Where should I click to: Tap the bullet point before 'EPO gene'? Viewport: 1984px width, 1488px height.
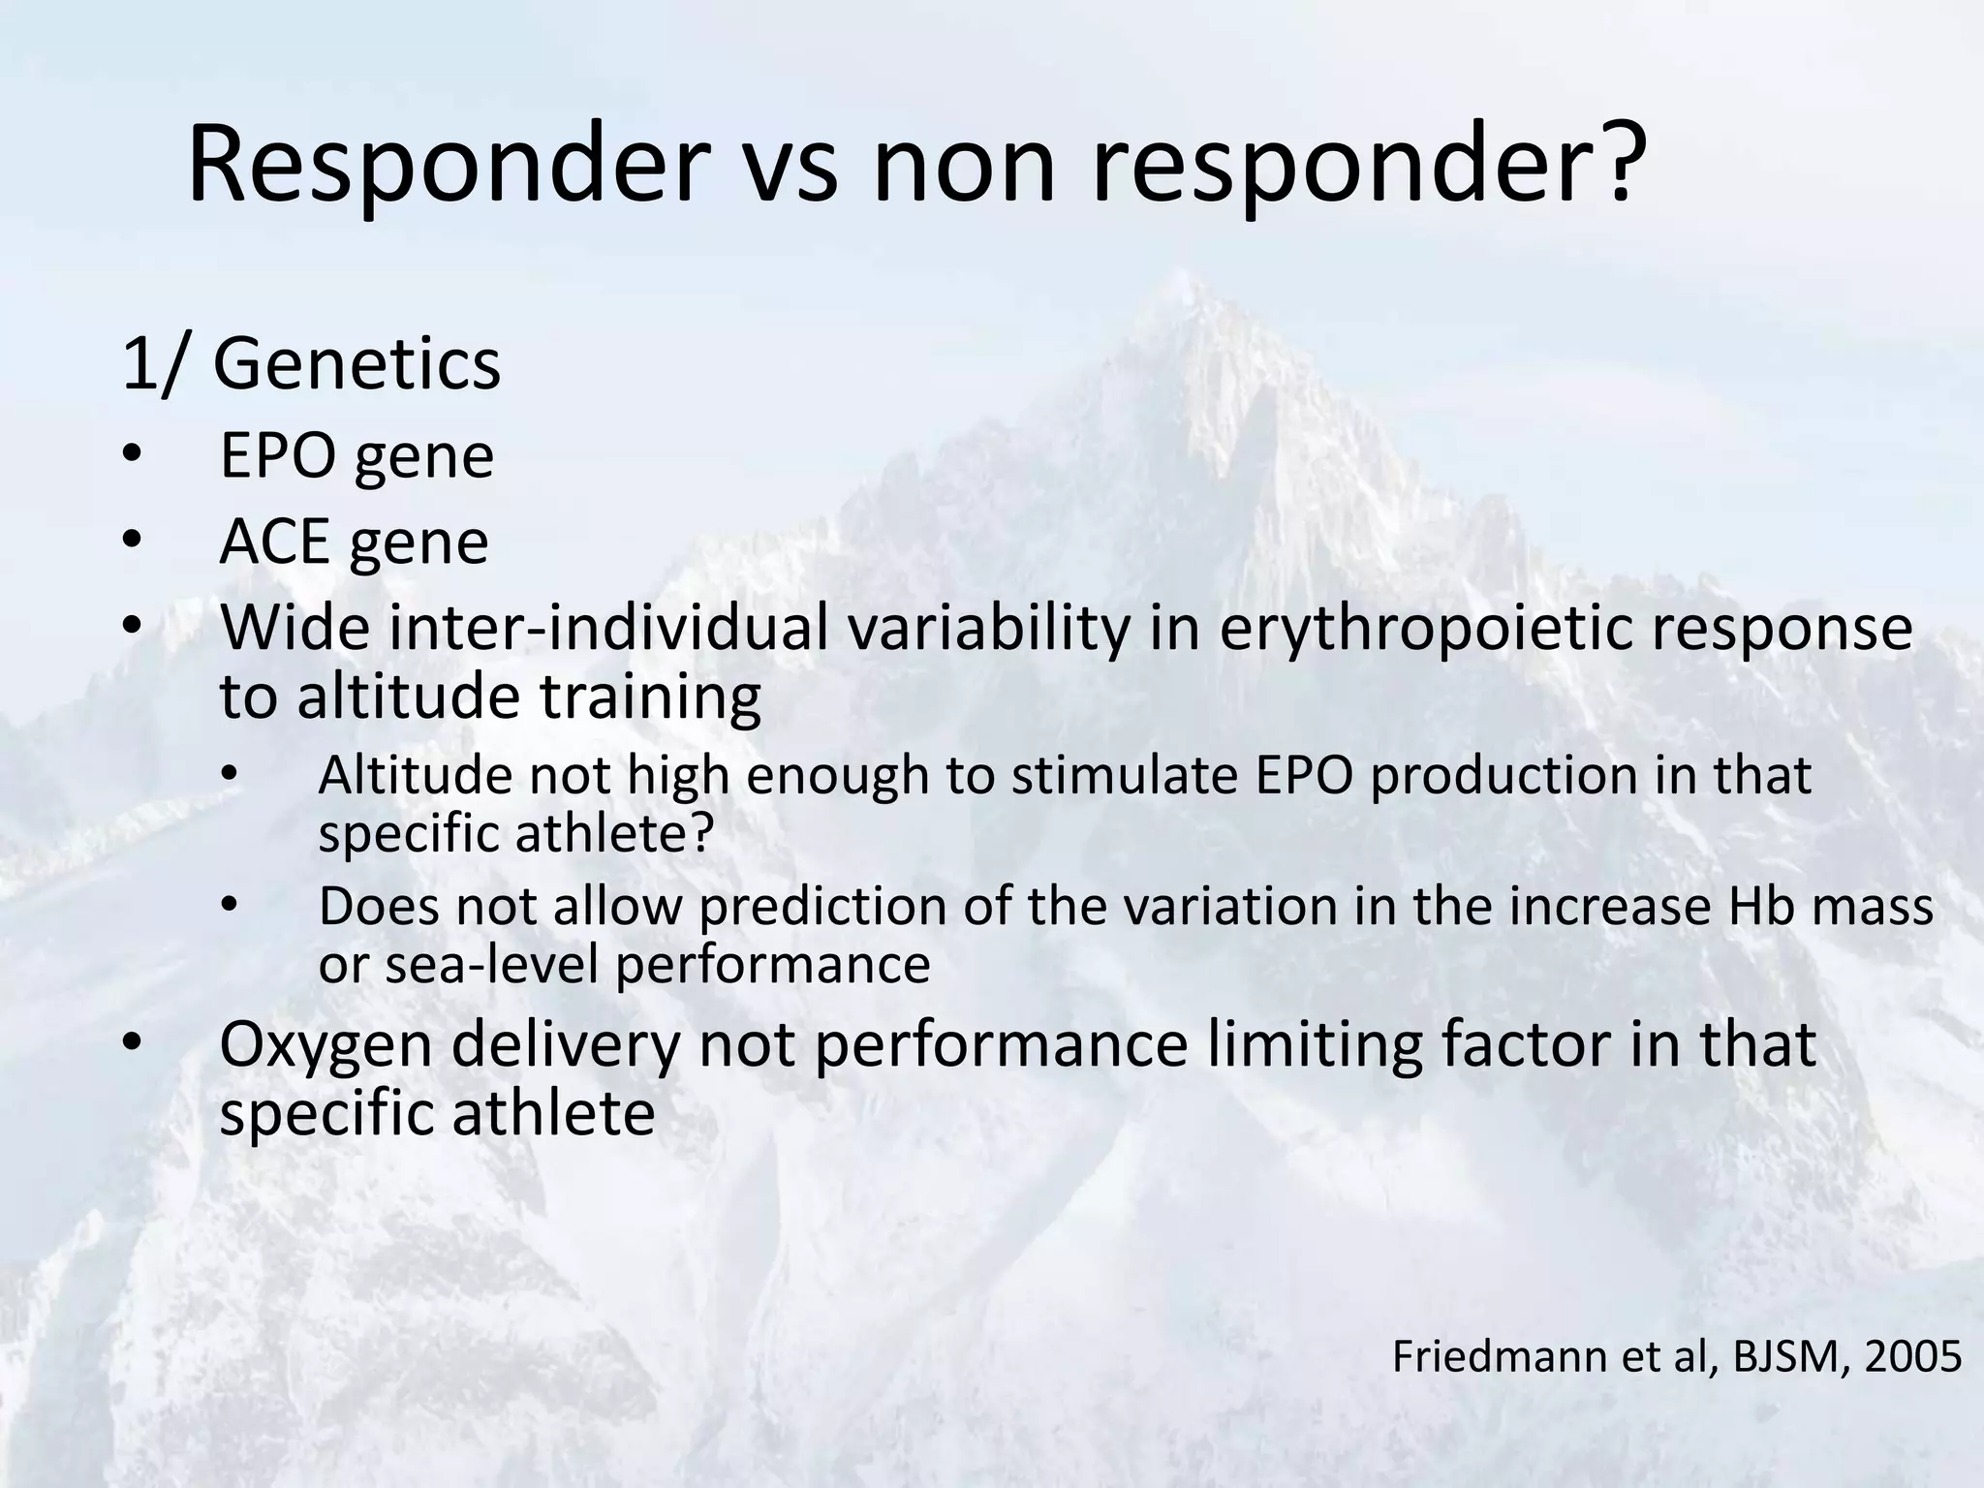pos(132,454)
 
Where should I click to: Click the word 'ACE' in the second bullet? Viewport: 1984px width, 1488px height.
pos(273,542)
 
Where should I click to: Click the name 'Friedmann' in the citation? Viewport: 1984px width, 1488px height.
pos(1490,1356)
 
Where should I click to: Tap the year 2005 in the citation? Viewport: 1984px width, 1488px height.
pos(1912,1356)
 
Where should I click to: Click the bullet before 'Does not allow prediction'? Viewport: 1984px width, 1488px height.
pos(229,906)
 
